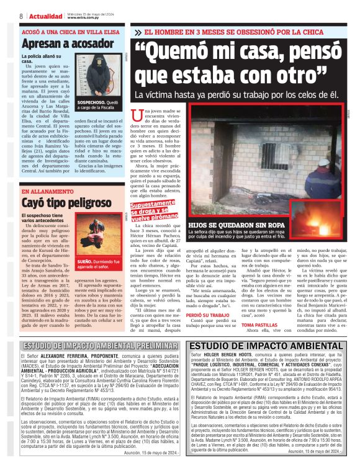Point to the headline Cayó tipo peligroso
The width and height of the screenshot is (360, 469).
[x=60, y=202]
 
